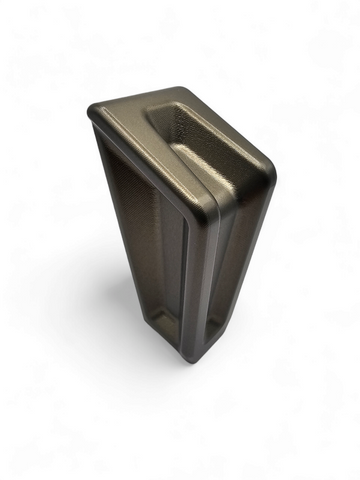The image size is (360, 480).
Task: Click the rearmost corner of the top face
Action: click(x=186, y=89)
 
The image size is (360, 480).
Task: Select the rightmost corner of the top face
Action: click(x=272, y=170)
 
